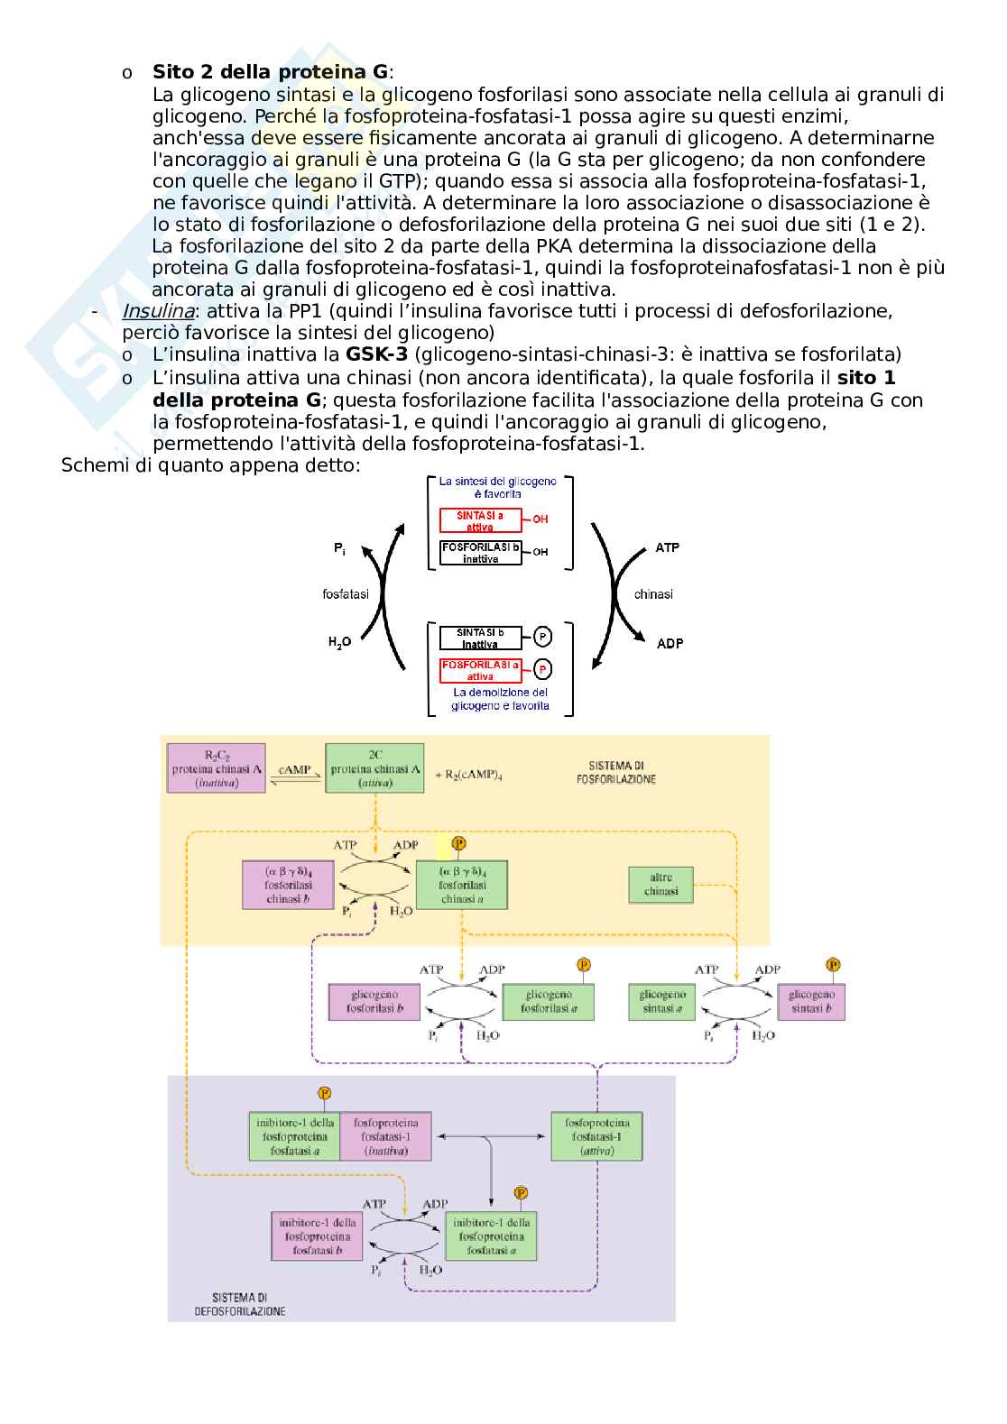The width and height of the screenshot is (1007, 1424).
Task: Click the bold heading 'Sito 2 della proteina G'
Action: (x=271, y=72)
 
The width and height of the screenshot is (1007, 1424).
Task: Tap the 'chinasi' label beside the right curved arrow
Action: (x=653, y=594)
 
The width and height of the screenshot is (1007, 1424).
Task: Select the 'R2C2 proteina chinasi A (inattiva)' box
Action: (x=217, y=768)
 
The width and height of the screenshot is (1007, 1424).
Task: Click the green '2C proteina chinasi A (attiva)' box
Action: (x=374, y=768)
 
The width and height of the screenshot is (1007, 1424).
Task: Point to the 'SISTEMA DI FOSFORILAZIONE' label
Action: (x=615, y=772)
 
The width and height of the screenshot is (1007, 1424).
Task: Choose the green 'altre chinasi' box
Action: (x=661, y=884)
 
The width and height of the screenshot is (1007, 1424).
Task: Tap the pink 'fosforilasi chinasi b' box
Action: (x=288, y=884)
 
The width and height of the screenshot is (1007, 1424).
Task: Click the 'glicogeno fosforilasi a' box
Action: (x=549, y=1001)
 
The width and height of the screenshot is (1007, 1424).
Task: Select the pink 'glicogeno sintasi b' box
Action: (x=811, y=1001)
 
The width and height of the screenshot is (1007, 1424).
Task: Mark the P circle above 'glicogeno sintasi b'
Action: (x=834, y=964)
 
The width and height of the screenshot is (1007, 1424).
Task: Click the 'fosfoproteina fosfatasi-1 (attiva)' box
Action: (x=597, y=1136)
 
